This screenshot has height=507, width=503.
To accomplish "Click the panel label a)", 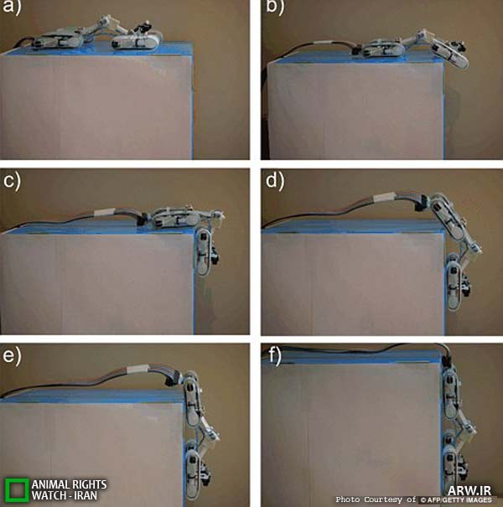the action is click(12, 7).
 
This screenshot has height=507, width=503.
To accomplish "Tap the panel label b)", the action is click(275, 7).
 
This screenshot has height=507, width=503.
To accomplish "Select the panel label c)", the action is click(12, 181).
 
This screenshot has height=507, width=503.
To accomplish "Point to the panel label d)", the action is click(275, 181).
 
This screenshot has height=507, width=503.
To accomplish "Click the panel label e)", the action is click(12, 356).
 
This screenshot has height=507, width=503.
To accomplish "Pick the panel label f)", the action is click(275, 356).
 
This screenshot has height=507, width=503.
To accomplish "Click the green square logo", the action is click(17, 489).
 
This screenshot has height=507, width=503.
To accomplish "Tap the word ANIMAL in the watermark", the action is click(51, 484).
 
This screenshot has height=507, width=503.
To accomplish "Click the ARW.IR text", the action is click(469, 490).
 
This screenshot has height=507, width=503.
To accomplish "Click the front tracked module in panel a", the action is click(137, 41).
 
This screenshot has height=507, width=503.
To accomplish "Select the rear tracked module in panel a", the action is click(58, 39).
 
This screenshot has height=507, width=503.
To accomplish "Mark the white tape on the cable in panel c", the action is click(104, 212).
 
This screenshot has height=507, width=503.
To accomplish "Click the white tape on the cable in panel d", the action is click(384, 197).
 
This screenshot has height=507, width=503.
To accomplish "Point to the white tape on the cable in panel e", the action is click(137, 370).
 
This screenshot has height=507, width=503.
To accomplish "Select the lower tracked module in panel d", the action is click(458, 282).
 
